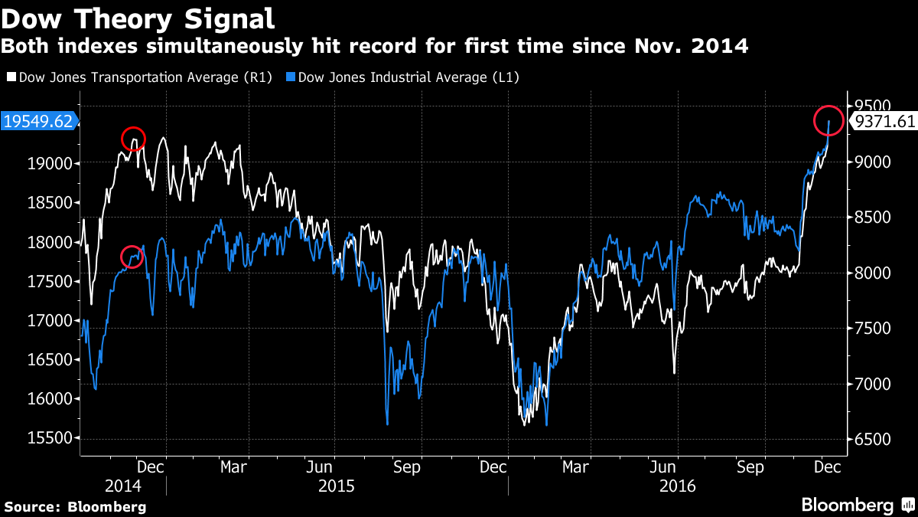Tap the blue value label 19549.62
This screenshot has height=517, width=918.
coord(38,121)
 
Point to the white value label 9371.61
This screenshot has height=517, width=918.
coord(884,121)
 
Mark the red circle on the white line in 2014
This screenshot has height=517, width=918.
coord(133,139)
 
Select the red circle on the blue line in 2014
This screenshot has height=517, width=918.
coord(132,257)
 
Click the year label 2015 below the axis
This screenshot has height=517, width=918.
coord(337,486)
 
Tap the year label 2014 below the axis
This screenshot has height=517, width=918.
coord(123,486)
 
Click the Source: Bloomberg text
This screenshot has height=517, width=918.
coord(75,506)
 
